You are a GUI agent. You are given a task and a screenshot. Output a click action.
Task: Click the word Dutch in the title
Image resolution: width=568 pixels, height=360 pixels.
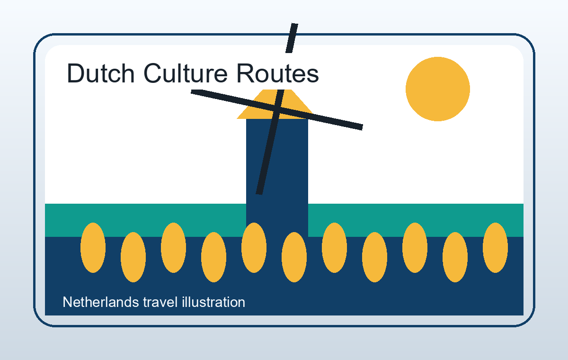[x=101, y=73]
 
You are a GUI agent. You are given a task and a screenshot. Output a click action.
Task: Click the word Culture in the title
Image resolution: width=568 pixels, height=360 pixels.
[x=186, y=73]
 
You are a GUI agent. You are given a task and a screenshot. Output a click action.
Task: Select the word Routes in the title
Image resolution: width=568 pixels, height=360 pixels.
[x=278, y=73]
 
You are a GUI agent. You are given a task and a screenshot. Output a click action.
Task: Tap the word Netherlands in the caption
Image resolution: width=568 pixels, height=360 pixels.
[x=101, y=302]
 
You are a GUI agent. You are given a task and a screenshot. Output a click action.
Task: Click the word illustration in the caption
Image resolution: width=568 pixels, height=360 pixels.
[x=213, y=302]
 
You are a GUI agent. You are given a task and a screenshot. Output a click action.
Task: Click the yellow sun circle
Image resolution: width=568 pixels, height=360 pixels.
[x=438, y=89]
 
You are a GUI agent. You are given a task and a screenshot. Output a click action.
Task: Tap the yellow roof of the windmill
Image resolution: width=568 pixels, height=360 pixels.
[x=275, y=104]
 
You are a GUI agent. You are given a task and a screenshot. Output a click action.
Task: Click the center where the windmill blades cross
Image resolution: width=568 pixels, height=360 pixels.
[x=277, y=109]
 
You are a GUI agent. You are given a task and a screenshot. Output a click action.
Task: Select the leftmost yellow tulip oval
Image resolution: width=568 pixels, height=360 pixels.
[x=93, y=248]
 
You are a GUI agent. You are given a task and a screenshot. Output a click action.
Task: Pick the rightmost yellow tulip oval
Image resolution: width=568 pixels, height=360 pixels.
[x=495, y=248]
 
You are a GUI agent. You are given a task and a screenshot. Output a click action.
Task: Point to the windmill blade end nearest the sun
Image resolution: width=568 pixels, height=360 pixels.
[x=363, y=127]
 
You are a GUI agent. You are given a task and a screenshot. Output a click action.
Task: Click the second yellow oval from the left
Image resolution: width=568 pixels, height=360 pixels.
[x=133, y=257]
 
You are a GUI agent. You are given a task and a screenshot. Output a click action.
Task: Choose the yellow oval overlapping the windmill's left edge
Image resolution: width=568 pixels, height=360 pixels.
[x=254, y=248]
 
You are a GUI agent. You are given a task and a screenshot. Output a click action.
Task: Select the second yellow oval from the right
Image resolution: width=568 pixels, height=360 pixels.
[x=455, y=257]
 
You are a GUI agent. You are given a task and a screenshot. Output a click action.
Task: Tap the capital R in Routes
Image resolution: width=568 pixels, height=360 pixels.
[x=246, y=73]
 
